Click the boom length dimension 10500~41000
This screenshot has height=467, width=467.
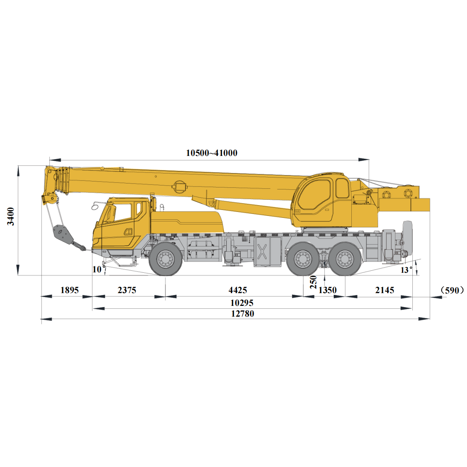(x=212, y=153)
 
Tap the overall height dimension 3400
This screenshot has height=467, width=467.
(x=11, y=217)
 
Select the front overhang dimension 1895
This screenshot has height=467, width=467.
(x=69, y=290)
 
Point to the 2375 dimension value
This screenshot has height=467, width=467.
(x=127, y=290)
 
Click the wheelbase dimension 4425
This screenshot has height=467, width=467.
(x=238, y=290)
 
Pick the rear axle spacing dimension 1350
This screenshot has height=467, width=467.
(x=327, y=290)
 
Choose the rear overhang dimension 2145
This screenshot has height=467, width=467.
(x=384, y=290)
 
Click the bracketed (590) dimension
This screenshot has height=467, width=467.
(x=452, y=290)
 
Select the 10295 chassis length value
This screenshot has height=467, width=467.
(x=242, y=303)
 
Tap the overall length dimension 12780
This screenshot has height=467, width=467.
(x=242, y=313)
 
